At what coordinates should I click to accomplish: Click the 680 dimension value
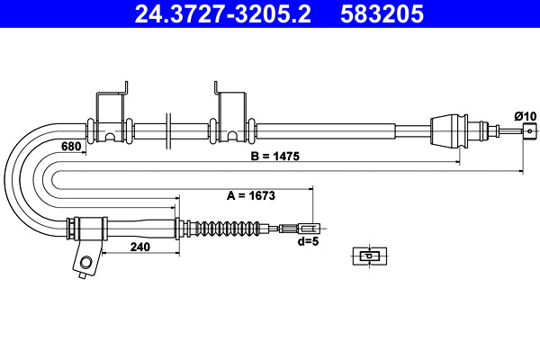click(73, 147)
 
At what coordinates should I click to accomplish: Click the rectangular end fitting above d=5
click(308, 228)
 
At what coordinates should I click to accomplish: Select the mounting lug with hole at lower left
click(86, 260)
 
